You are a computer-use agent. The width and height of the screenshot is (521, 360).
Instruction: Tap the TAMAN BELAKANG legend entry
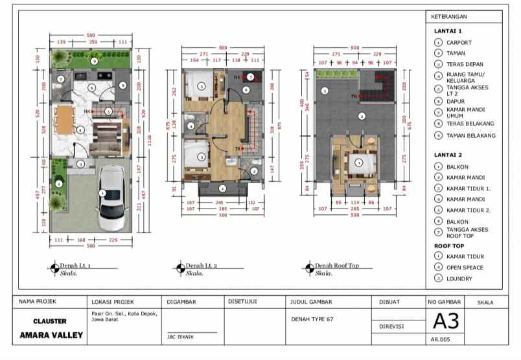pos(470,135)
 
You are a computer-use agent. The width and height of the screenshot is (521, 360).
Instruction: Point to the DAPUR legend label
pos(456,101)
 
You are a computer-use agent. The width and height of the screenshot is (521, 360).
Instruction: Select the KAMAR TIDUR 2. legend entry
pos(469,210)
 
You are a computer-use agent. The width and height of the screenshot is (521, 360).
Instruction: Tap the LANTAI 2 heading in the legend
pos(448,155)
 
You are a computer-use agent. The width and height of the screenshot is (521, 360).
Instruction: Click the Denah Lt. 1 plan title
pos(75,266)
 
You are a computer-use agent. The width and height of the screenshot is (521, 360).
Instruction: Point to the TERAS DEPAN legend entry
pos(464,64)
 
